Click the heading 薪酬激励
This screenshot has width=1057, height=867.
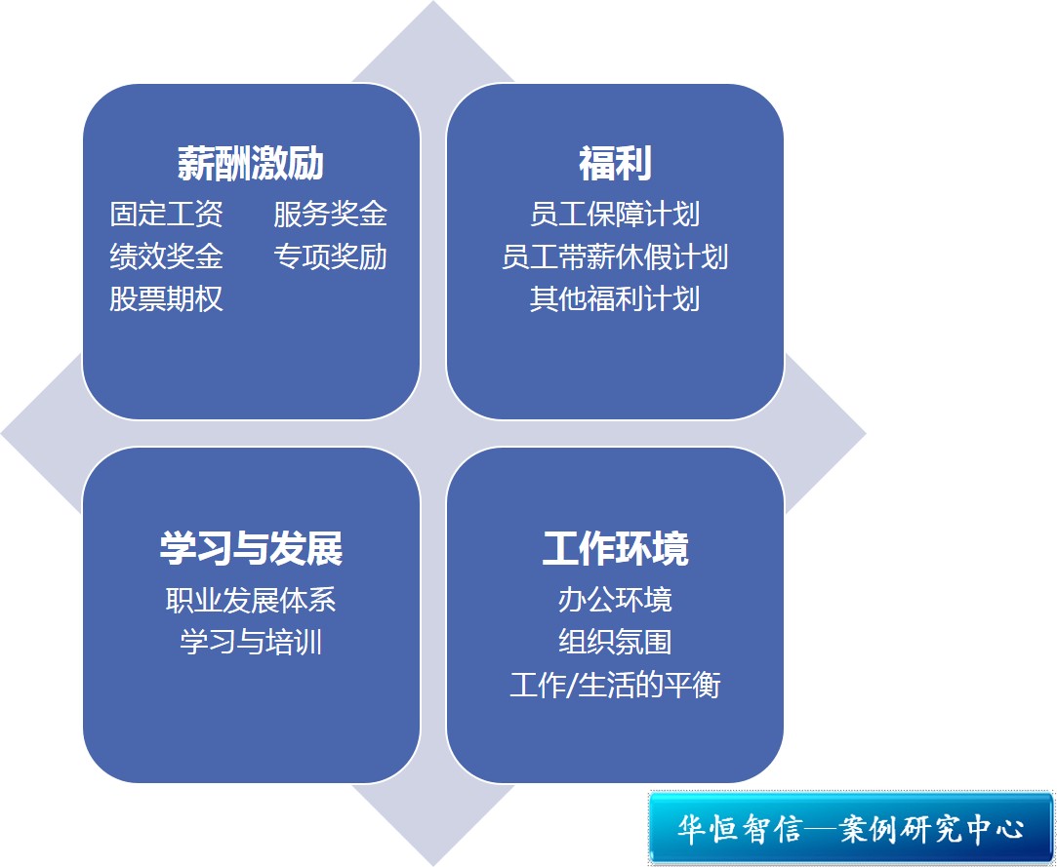coord(251,164)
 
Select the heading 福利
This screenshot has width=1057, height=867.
coord(615,164)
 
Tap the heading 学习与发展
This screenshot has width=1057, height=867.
coord(251,548)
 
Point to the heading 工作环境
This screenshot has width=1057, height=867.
coord(615,548)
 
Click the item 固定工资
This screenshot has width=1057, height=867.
coord(167,215)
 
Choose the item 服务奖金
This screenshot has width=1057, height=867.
coord(330,215)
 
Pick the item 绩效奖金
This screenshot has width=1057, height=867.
coord(167,256)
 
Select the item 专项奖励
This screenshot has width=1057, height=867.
coord(330,256)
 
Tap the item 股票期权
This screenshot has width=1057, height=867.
coord(167,299)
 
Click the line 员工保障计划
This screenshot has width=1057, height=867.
coord(615,215)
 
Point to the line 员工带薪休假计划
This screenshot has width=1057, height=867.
coord(615,256)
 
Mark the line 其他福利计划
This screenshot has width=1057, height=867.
coord(615,299)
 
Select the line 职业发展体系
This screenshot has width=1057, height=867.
coord(251,600)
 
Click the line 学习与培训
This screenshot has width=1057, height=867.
coord(251,642)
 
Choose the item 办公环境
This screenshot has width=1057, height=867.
coord(615,600)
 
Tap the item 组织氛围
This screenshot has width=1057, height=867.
coord(615,642)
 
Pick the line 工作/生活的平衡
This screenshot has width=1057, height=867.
coord(615,685)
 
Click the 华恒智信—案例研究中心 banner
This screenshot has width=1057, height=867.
coord(851,828)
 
